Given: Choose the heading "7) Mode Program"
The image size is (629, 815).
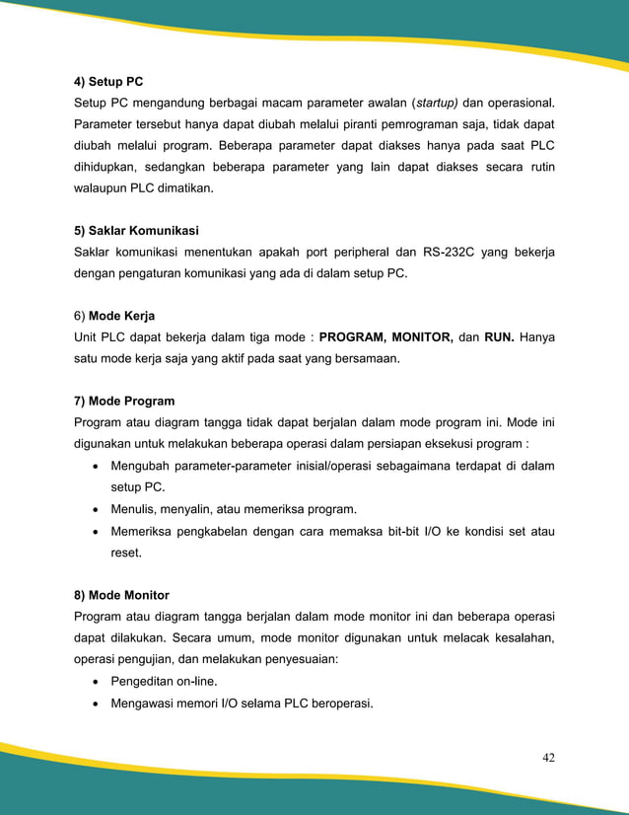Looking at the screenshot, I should pos(124,402).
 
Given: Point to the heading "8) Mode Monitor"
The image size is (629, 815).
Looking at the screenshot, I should pos(121,595).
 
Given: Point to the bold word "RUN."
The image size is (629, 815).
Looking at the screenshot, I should pos(499,338).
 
